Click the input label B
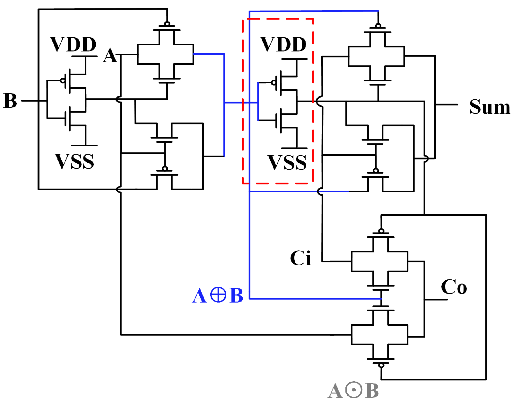(x=10, y=101)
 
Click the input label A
(x=110, y=56)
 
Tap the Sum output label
(x=490, y=107)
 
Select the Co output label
(x=454, y=287)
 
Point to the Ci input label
(x=300, y=258)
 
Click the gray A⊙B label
(x=353, y=391)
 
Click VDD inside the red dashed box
(x=283, y=44)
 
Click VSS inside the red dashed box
(x=287, y=162)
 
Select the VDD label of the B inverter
(x=73, y=44)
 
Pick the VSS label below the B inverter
(x=75, y=161)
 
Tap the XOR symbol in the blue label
(x=218, y=295)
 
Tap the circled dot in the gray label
(x=354, y=390)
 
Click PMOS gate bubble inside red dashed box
(x=274, y=83)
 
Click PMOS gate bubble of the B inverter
(x=63, y=80)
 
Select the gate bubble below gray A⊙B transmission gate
(x=381, y=366)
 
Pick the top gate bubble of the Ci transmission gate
(x=381, y=231)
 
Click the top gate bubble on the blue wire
(x=378, y=26)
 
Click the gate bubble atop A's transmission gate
(x=167, y=24)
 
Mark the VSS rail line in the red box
(x=294, y=148)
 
